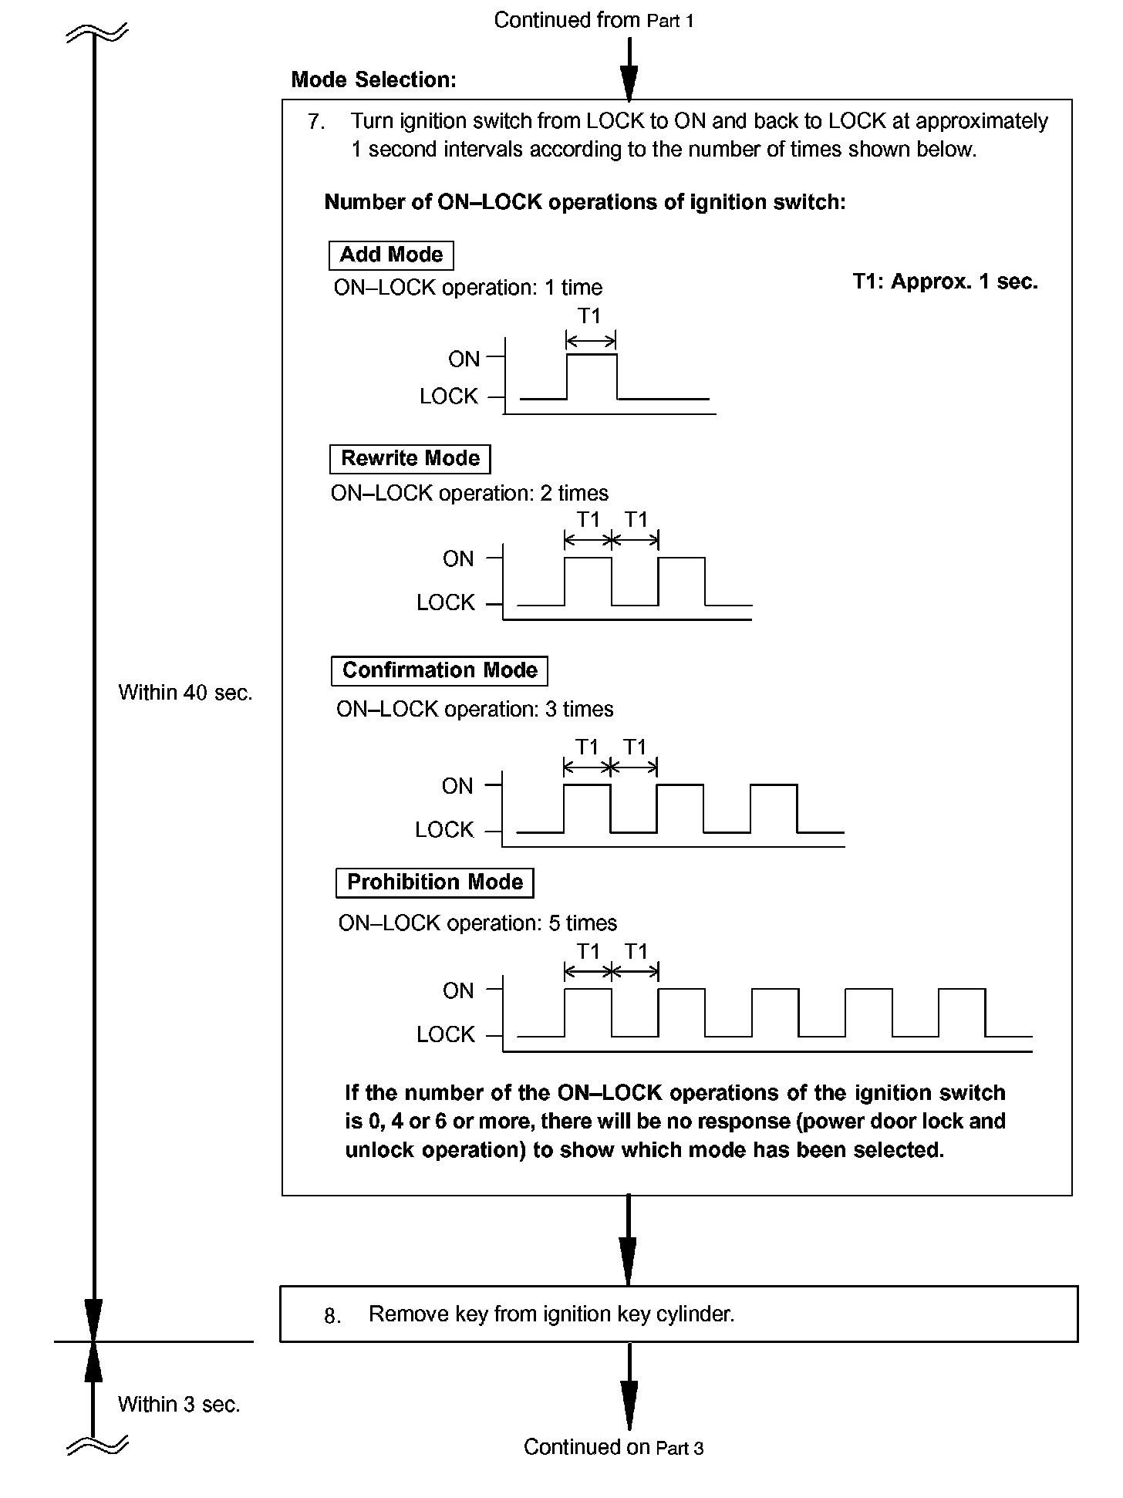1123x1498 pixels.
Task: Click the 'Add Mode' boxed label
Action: pos(391,255)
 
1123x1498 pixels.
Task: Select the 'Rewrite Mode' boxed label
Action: pos(410,459)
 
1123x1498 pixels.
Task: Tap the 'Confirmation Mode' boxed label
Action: pos(439,670)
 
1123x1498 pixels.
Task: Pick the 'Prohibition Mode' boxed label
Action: pos(434,882)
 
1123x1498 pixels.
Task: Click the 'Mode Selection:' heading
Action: pos(373,80)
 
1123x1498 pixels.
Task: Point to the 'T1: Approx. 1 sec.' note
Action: pos(945,282)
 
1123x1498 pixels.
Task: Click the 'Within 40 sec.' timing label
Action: pos(185,693)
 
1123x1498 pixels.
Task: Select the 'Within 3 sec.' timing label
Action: pos(179,1405)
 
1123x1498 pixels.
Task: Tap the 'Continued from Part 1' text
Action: pos(593,21)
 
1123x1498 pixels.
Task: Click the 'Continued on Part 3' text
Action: pos(613,1447)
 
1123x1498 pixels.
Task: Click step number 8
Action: pos(332,1316)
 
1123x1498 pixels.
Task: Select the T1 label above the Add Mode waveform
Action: pos(589,316)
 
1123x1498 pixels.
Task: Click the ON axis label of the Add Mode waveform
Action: pos(464,359)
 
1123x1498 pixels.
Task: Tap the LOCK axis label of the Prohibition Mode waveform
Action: pos(445,1035)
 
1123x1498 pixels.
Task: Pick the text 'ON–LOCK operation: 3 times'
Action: pos(474,710)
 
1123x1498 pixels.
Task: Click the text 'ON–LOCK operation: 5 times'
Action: pos(477,923)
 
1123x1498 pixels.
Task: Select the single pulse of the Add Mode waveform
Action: pos(592,376)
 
